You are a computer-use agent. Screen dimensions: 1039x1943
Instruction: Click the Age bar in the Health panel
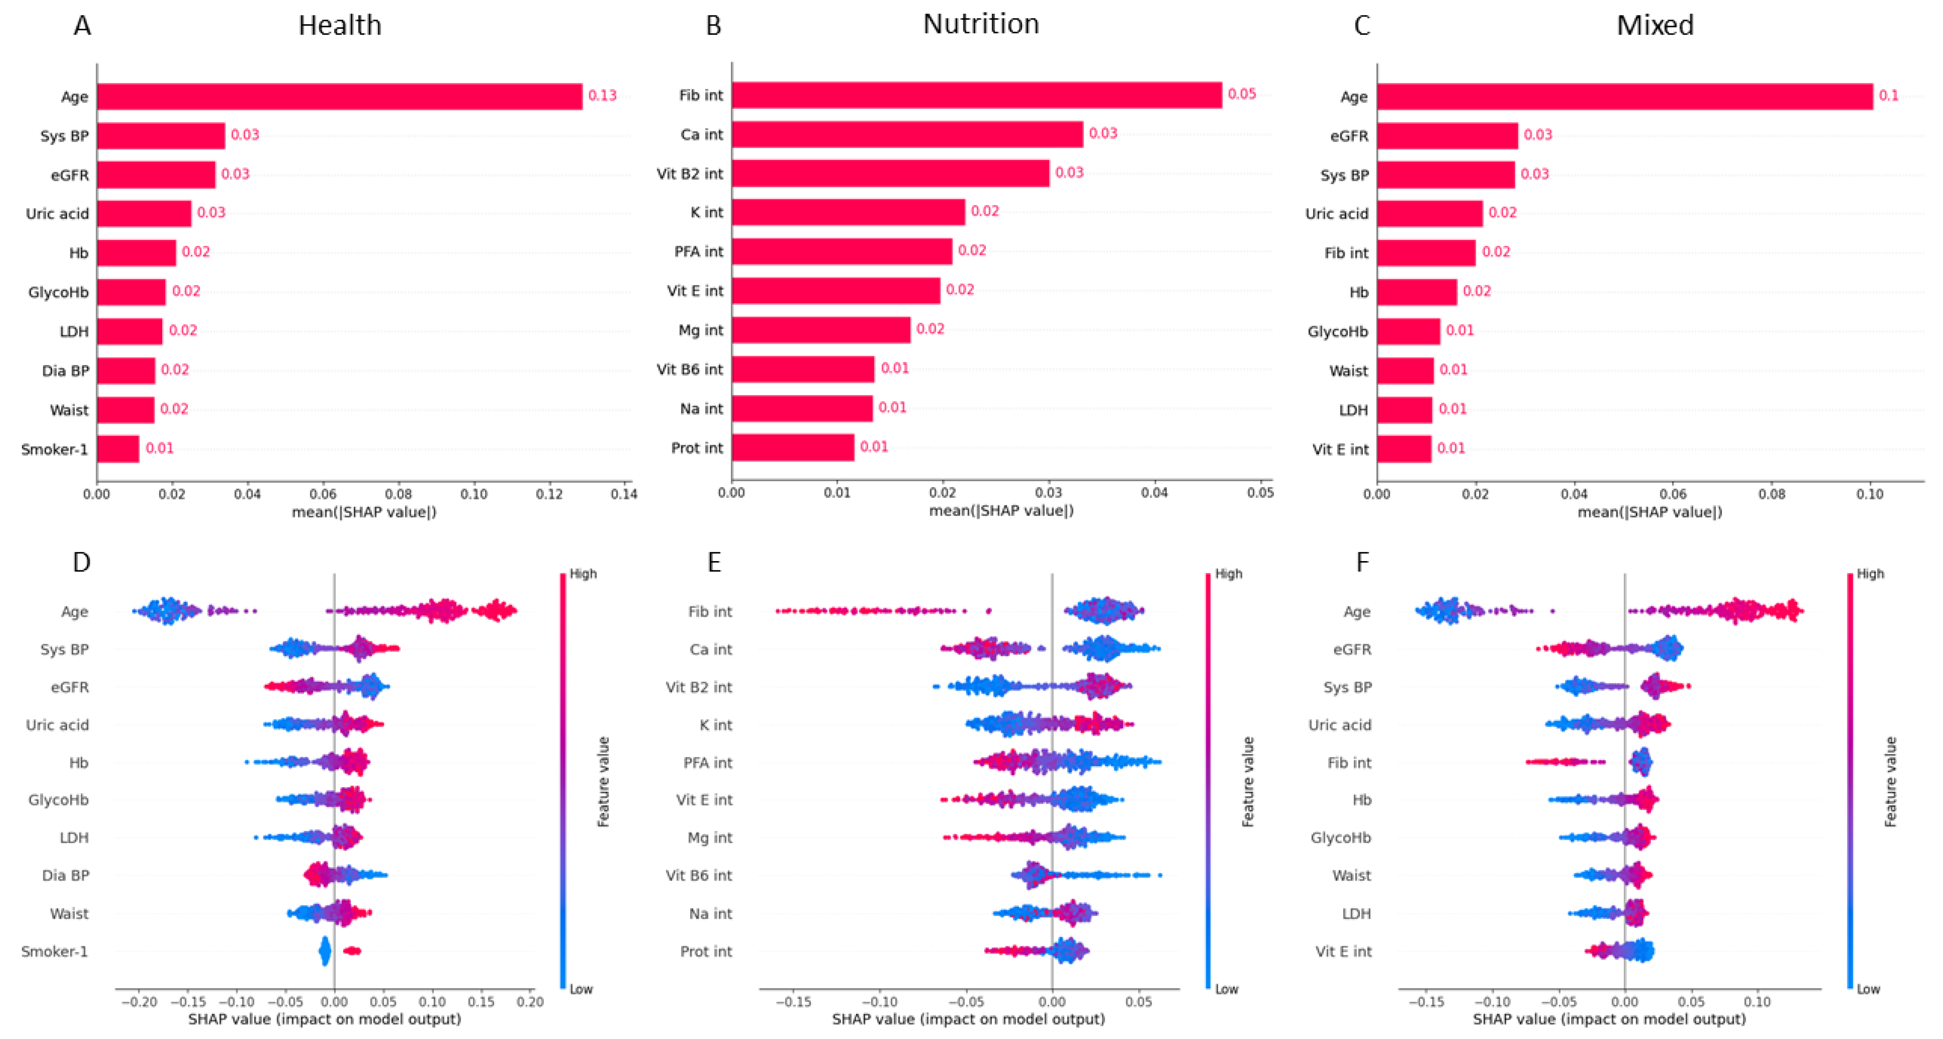tap(340, 96)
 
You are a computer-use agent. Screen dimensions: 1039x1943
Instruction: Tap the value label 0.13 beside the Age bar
tap(602, 95)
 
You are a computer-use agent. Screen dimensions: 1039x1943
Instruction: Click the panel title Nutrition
tap(980, 24)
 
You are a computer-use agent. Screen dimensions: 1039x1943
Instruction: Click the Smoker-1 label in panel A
tap(54, 450)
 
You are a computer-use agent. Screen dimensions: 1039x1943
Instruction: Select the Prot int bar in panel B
tap(792, 448)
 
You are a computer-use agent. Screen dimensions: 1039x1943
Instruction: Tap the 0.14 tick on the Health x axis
tap(624, 494)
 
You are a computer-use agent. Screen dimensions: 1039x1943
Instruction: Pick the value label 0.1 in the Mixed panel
tap(1888, 95)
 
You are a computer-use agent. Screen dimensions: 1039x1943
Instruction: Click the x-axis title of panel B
tap(1001, 510)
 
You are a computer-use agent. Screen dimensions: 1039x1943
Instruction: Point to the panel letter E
tap(713, 562)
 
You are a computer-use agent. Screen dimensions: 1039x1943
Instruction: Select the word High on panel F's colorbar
tap(1870, 574)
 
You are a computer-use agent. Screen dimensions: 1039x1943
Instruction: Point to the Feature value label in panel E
tap(1248, 782)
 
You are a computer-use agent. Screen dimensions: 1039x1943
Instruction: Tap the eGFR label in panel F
tap(1352, 649)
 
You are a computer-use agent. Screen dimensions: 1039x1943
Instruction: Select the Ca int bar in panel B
tap(907, 134)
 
